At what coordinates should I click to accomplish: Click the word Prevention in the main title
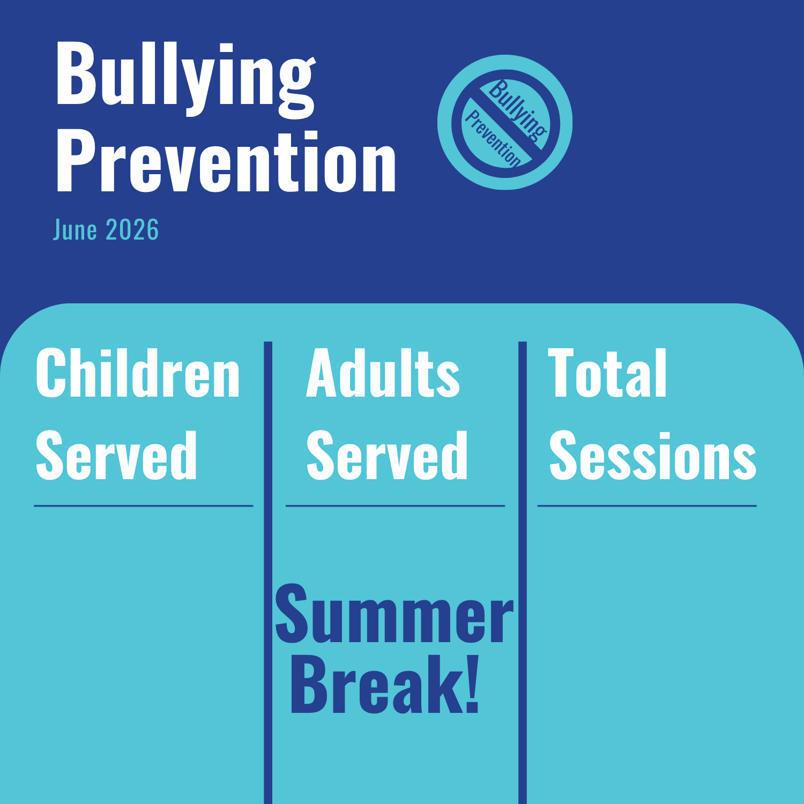click(x=226, y=162)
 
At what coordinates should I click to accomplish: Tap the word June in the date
click(x=75, y=230)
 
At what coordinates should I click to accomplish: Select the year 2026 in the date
click(x=132, y=230)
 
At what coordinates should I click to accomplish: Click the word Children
click(x=138, y=373)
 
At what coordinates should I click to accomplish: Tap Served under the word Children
click(x=116, y=456)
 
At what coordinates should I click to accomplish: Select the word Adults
click(x=383, y=373)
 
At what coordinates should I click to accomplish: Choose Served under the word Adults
click(x=387, y=456)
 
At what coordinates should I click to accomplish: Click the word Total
click(x=607, y=373)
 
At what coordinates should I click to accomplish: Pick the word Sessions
click(x=653, y=456)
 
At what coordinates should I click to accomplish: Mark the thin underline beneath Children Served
click(x=144, y=505)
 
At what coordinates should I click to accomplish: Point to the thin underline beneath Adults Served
click(x=396, y=505)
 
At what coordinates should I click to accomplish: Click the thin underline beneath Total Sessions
click(x=647, y=505)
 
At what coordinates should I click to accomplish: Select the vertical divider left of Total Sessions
click(x=523, y=572)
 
